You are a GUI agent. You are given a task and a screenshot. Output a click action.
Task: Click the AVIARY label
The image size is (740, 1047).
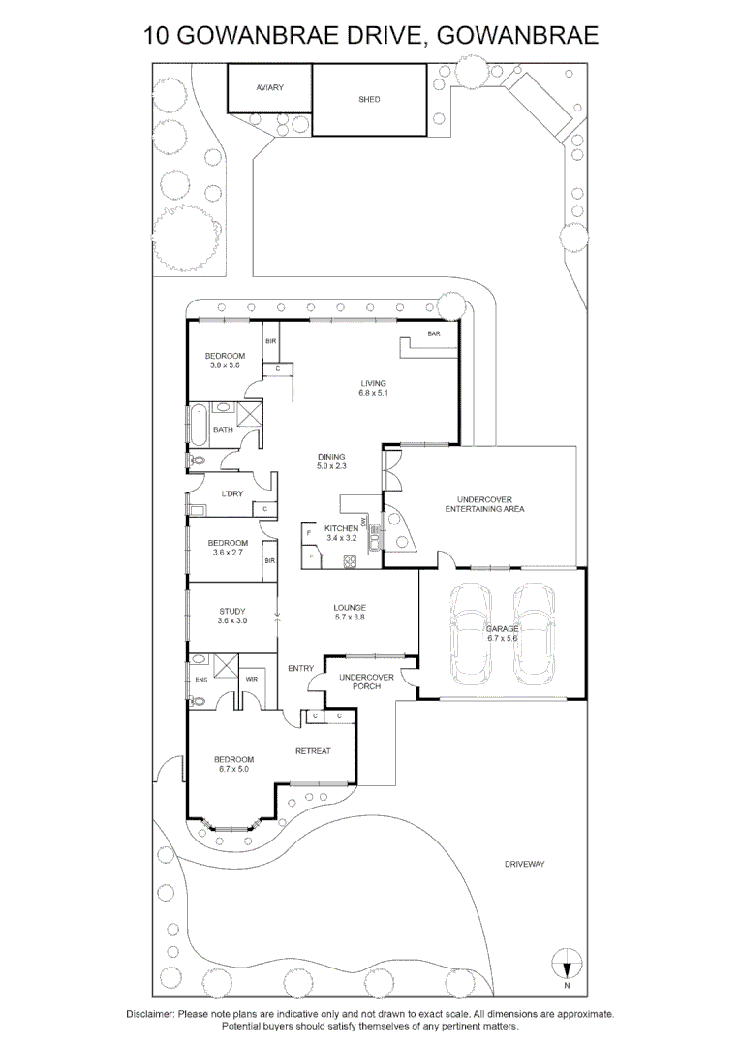coord(269,88)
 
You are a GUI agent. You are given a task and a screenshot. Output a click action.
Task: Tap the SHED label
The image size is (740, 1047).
coord(369,99)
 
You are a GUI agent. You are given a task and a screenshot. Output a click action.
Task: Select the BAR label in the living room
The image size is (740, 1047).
coord(434,335)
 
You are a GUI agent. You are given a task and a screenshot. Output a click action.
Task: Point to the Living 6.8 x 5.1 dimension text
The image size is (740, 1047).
coord(372,393)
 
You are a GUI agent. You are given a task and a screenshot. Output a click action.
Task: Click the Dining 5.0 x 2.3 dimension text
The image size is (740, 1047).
coord(330,467)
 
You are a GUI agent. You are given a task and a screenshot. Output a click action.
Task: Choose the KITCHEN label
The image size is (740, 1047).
coord(341,528)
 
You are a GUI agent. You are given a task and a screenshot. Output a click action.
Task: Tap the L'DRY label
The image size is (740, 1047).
coord(231,493)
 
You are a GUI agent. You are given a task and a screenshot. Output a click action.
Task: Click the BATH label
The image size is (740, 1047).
coord(223,430)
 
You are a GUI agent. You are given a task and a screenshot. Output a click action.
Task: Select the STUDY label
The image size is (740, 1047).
coord(231,611)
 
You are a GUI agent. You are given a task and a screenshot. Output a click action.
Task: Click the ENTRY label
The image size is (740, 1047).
coord(300,668)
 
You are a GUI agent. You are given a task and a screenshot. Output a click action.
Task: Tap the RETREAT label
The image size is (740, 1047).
coord(313,751)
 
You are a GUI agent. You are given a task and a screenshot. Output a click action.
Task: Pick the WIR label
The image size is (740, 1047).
coord(251,680)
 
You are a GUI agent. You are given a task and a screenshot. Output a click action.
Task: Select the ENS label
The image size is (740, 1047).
coord(200,680)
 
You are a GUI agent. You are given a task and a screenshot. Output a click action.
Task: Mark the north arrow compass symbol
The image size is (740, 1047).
coord(567,967)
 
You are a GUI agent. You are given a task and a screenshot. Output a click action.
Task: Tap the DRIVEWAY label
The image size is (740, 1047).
coord(524,863)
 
